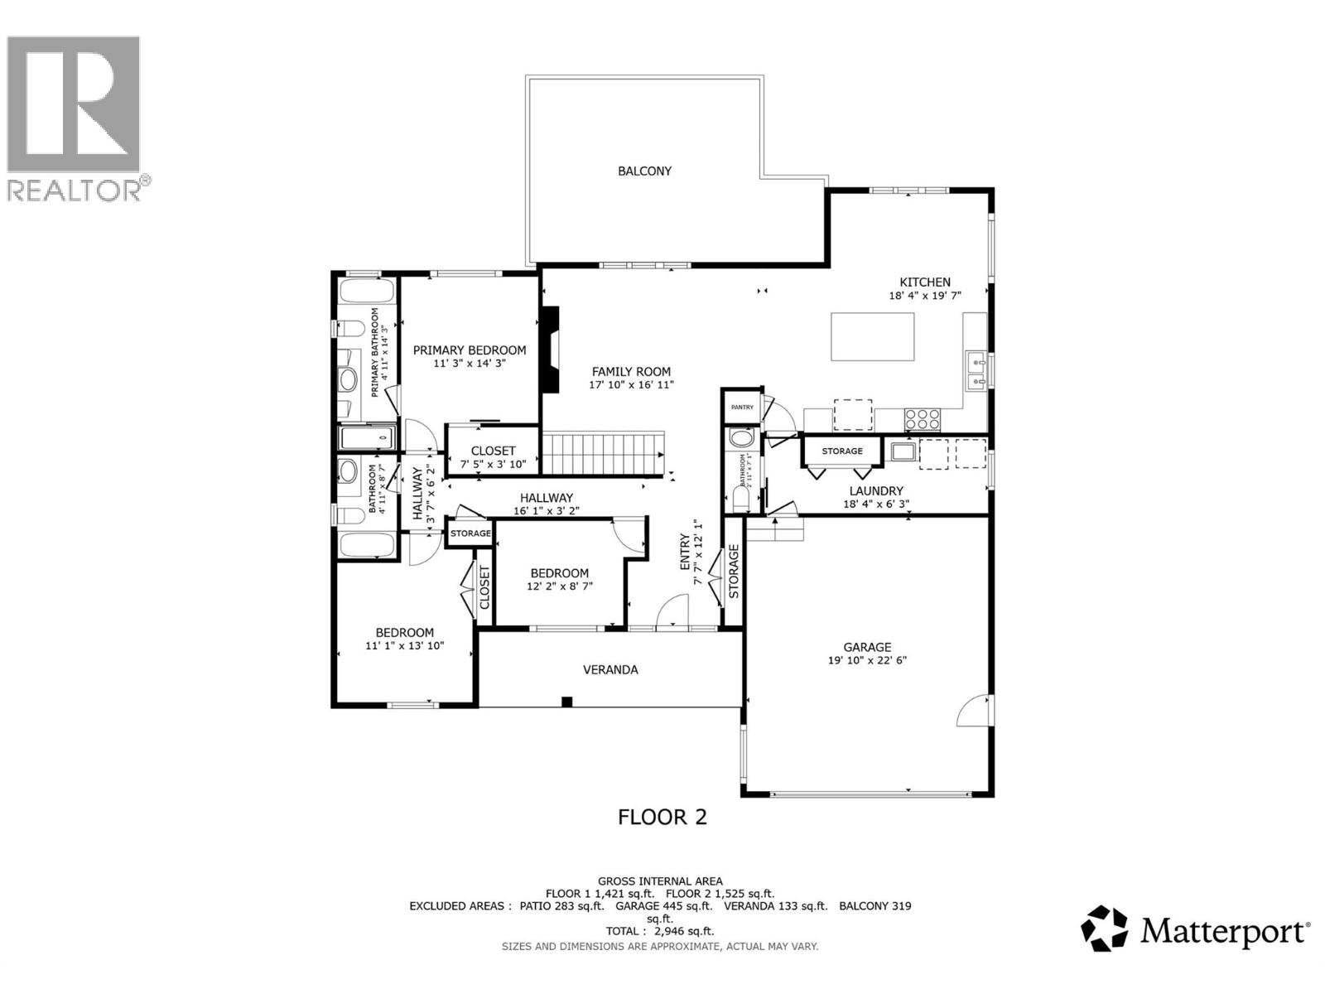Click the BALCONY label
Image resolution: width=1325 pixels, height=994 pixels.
coord(644,171)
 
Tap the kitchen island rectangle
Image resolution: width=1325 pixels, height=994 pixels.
coord(872,336)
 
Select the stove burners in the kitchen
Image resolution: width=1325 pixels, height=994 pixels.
coord(922,419)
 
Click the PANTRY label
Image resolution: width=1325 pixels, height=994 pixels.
coord(742,407)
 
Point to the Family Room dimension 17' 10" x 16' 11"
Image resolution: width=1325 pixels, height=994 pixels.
coord(631,385)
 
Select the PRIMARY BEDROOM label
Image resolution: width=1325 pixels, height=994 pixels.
coord(470,350)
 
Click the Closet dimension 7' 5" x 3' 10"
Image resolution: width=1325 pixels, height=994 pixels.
coord(493,465)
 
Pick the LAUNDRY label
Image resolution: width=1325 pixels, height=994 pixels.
coord(875,491)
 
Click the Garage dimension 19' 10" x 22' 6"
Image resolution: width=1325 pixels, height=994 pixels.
coord(867,661)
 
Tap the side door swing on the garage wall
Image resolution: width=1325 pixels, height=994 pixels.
coord(973,711)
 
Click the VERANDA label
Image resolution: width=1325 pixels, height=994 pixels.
coord(610,670)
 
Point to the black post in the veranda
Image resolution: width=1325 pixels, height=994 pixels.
coord(566,702)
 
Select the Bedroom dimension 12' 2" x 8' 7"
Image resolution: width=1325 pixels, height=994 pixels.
coord(560,586)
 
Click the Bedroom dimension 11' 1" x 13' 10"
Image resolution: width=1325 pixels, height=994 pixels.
coord(405,645)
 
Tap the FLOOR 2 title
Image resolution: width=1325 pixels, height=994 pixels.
coord(662,818)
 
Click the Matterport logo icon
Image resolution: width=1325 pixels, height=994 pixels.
coord(1105,928)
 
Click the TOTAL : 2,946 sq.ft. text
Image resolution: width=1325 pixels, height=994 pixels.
coord(659,931)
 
